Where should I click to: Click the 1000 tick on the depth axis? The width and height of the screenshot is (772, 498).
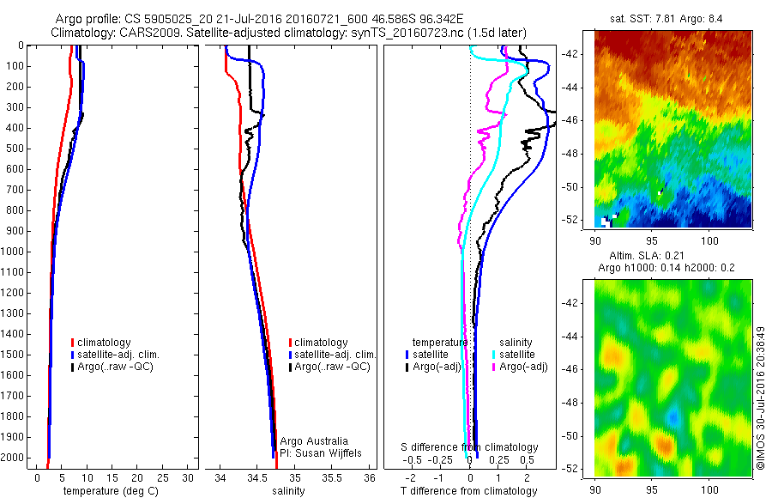tap(12, 252)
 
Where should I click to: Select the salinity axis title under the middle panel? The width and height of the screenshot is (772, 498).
tap(288, 492)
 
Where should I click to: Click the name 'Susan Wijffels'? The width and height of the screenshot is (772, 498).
tap(329, 452)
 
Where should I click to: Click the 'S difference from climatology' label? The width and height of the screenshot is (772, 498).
tap(470, 448)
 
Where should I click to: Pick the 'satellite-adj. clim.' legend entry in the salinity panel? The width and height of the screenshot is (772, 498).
tap(335, 355)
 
